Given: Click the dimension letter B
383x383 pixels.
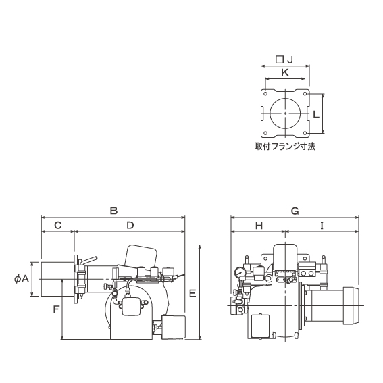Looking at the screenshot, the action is point(114,211).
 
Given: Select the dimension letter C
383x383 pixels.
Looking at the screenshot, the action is point(58,225).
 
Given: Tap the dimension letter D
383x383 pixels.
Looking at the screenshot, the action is point(130,225).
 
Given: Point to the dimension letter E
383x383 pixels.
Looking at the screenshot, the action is point(193,293).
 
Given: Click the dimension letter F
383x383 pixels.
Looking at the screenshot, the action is point(56,309).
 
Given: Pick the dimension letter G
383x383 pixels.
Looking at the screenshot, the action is point(295,211).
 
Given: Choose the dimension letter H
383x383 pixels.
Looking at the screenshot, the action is point(259,226).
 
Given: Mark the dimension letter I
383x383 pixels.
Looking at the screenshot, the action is point(322,226).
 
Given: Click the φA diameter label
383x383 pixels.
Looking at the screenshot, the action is point(22,278).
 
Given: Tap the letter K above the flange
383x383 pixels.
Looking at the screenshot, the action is point(285,72).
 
